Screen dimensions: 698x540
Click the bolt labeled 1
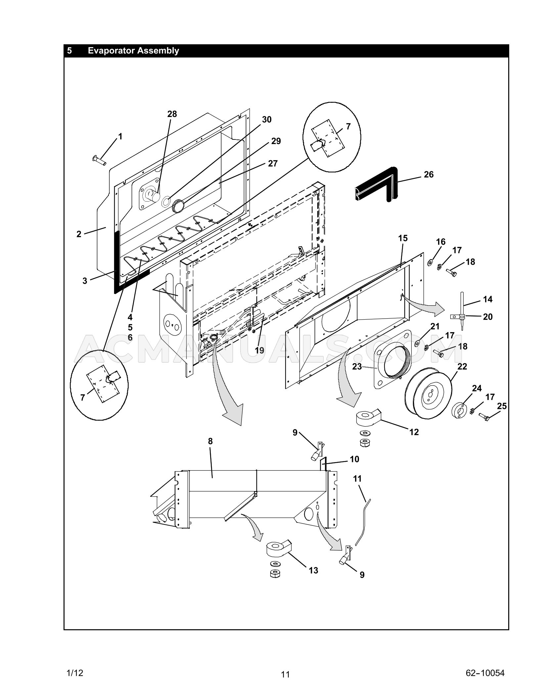coord(98,160)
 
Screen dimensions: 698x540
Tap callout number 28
coord(172,114)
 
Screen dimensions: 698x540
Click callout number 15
coord(403,238)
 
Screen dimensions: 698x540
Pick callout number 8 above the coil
coord(210,441)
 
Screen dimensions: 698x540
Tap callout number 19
coord(259,350)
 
